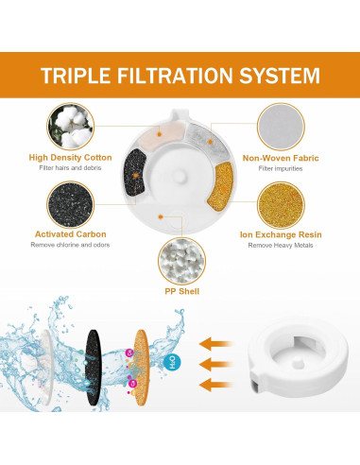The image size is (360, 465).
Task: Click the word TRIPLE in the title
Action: click(x=77, y=75)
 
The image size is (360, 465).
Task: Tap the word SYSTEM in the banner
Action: click(x=281, y=75)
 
